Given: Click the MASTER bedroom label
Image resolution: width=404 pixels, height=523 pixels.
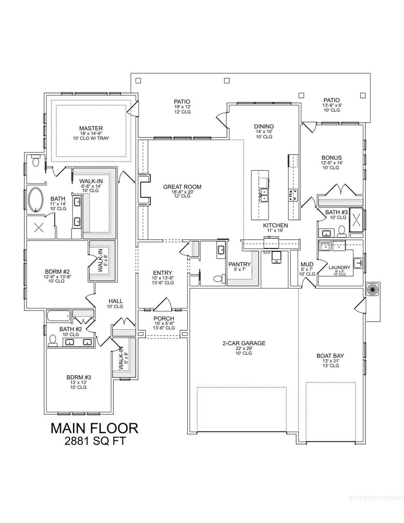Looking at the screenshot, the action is [91, 128].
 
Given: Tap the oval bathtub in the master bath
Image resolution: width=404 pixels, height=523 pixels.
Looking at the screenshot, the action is [36, 200].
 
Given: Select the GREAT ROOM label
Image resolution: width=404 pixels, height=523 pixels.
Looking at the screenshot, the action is [182, 187].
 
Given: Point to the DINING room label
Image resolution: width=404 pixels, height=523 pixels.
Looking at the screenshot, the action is [264, 126].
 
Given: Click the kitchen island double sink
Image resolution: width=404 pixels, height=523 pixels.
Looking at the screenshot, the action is [265, 195].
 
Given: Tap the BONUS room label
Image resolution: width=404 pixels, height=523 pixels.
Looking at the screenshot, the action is [331, 158].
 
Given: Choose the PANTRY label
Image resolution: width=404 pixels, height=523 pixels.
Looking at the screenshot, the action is [239, 264].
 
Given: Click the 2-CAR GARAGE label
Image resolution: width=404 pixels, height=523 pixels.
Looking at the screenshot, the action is [244, 343].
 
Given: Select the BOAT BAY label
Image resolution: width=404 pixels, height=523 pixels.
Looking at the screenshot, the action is [330, 356].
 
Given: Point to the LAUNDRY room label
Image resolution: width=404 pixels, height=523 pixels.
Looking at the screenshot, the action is [339, 267].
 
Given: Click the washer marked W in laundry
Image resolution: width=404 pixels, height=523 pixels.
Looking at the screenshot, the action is [325, 247].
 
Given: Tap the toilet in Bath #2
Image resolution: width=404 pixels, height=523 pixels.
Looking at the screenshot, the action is [52, 340].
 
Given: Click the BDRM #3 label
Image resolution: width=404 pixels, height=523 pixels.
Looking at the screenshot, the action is [79, 378].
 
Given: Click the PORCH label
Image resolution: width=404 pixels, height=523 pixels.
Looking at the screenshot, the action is [164, 319].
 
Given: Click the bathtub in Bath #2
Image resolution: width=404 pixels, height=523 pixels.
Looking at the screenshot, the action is [59, 316].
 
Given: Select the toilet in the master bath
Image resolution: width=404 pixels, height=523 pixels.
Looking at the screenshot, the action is [35, 161].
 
